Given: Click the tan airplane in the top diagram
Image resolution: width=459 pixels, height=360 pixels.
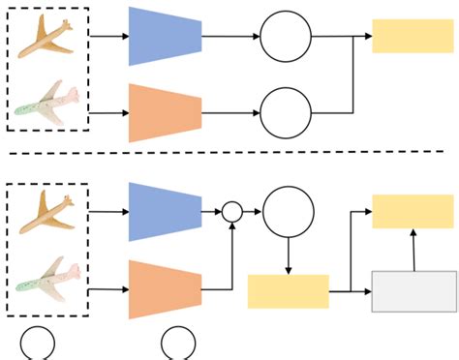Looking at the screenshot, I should pos(47,37).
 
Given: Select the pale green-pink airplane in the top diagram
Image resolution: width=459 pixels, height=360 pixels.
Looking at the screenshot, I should pos(47,104).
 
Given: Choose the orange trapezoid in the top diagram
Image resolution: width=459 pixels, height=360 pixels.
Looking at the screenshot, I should pos(165,112).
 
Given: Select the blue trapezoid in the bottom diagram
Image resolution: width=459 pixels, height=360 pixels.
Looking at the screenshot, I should pos(165,210).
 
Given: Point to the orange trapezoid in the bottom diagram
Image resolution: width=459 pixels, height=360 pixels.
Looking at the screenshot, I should pos(165,287).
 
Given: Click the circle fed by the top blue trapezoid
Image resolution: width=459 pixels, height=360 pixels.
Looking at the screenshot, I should pos(286,37).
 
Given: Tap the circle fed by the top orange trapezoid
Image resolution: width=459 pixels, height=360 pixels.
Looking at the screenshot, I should pos(286,112).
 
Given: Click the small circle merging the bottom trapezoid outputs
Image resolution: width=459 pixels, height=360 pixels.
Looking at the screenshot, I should pos(232,211).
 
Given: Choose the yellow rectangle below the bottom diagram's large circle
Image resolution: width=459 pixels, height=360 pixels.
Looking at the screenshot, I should pos(288,291).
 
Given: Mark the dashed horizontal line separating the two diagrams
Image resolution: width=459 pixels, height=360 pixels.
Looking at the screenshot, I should pos(229,153).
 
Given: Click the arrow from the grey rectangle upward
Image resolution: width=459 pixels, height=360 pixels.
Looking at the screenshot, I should pos(413,250).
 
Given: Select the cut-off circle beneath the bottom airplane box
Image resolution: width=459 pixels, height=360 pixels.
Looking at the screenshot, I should pos(37,345).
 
